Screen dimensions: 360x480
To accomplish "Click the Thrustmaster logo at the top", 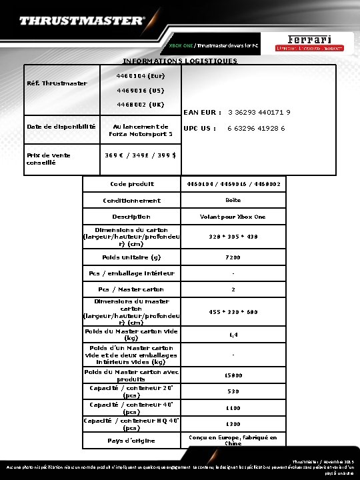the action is point(82,21).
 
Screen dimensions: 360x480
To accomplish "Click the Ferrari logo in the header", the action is point(310,41).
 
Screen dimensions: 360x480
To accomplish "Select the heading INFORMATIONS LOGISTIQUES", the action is point(180,61).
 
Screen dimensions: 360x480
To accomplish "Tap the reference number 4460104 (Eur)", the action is point(140,76).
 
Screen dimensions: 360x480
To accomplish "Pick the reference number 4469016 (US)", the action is point(140,90).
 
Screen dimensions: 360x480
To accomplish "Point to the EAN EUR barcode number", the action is point(259,112).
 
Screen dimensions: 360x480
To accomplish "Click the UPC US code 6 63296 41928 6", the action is point(256,128).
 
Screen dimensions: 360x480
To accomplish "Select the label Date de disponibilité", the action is point(61,126).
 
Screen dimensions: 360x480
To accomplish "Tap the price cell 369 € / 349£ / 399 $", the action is point(140,155).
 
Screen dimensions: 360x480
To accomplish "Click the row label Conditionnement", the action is point(131,200).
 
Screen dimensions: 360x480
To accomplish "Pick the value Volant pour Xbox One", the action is point(233,217).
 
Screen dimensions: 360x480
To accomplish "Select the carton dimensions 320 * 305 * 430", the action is point(233,236).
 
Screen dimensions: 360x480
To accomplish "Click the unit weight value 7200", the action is point(233,257).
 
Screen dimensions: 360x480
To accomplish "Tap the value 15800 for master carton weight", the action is point(233,375).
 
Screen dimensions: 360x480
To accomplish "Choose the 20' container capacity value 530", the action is point(233,391).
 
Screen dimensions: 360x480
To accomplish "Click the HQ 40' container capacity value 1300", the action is point(233,423).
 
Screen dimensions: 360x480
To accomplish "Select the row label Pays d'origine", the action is point(131,440).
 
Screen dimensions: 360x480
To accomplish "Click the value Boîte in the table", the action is point(233,200).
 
